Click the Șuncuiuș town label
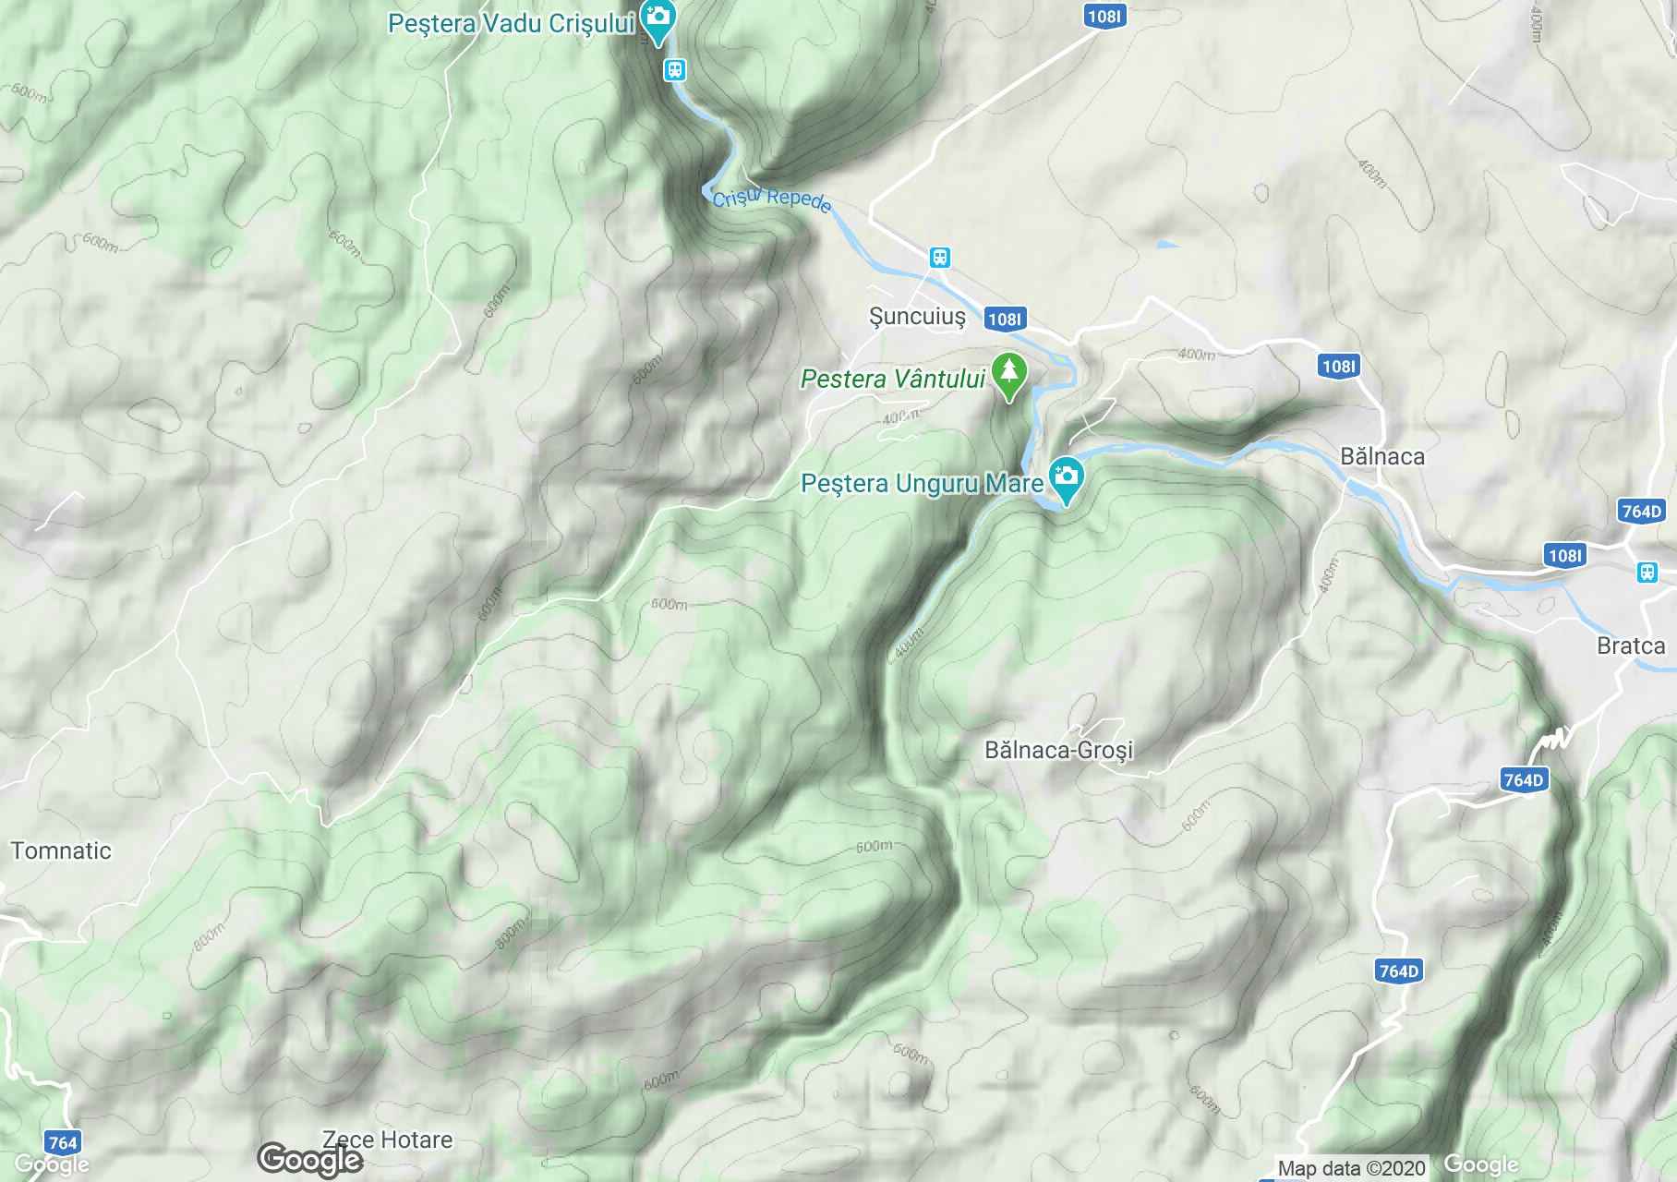[x=917, y=317]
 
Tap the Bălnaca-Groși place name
[x=1058, y=750]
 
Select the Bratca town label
[x=1631, y=645]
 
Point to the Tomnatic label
[x=61, y=850]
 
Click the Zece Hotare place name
[x=387, y=1140]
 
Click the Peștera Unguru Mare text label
[x=922, y=483]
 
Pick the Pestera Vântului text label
[x=893, y=379]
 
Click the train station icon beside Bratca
[x=1647, y=573]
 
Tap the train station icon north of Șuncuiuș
[x=939, y=258]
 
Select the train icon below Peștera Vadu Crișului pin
[x=675, y=70]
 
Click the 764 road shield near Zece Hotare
[x=62, y=1142]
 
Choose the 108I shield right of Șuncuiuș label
[x=1004, y=320]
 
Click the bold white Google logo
[x=309, y=1160]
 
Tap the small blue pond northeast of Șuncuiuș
[x=1167, y=245]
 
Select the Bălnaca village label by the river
[x=1381, y=456]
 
